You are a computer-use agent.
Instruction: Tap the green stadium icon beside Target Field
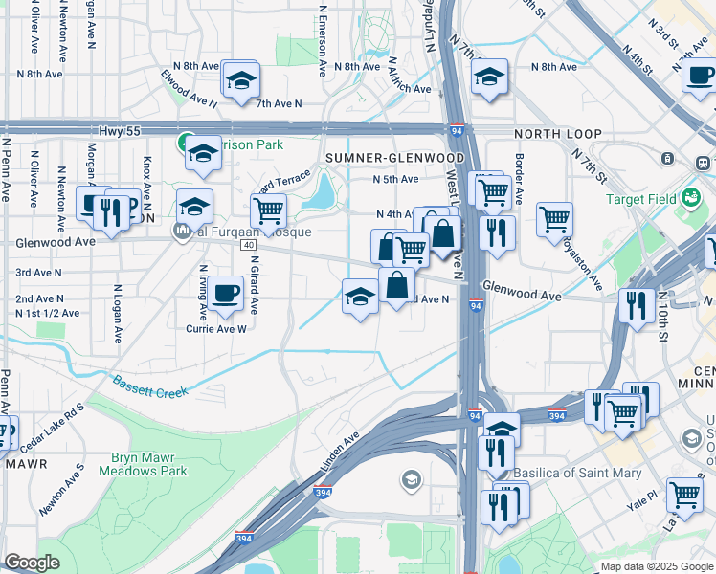click(689, 199)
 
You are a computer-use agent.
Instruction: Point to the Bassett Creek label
click(150, 387)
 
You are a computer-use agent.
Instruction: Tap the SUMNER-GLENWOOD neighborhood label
click(394, 157)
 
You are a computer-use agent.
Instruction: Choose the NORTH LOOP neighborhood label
click(558, 134)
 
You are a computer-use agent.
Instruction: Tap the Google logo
click(32, 563)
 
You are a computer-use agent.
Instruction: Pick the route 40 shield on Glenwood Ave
click(248, 246)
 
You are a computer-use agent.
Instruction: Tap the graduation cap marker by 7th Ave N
click(241, 79)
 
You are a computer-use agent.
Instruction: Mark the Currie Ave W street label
click(216, 328)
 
